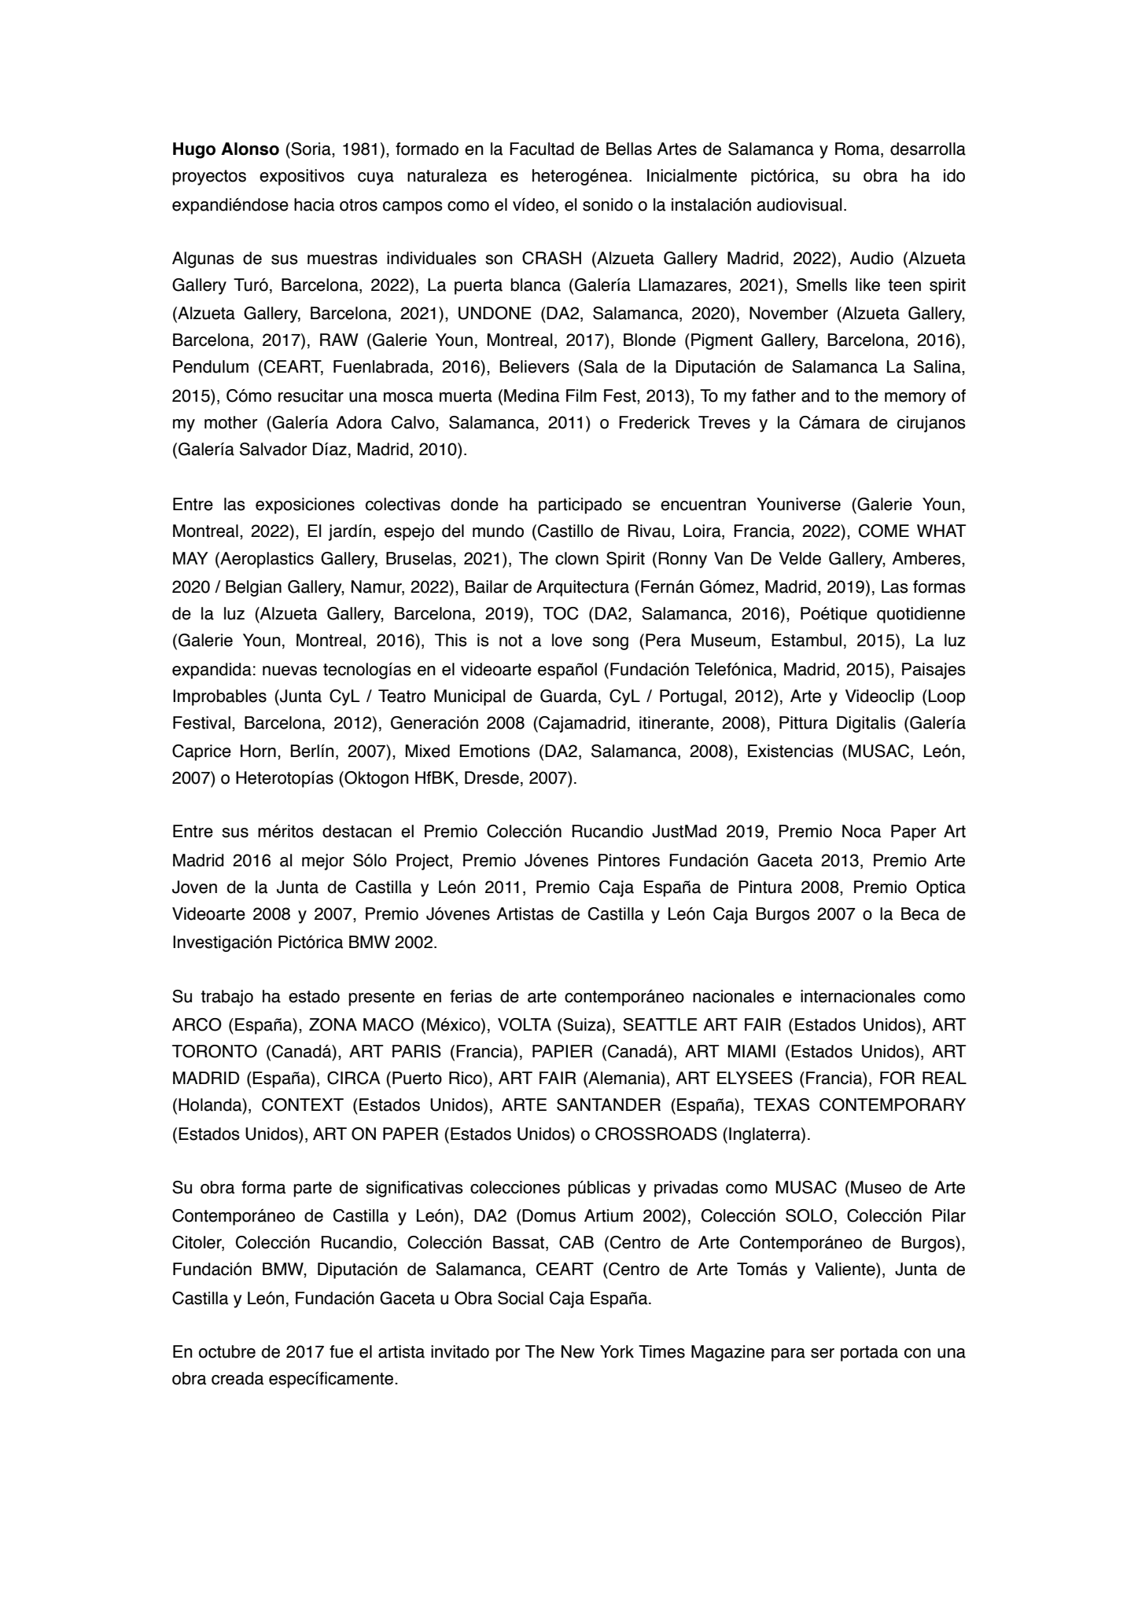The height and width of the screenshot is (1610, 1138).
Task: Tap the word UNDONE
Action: tap(495, 314)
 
